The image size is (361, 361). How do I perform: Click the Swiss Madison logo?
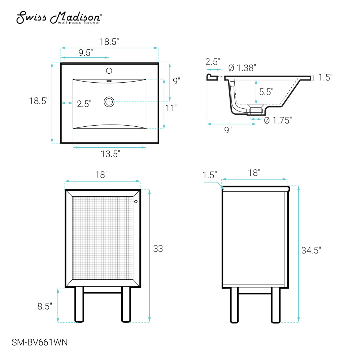(59, 17)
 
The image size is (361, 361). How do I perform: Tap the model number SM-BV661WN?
(40, 342)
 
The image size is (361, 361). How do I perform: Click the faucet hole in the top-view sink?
(109, 71)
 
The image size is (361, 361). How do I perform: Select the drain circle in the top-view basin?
(109, 102)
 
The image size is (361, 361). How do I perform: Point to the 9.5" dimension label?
(86, 53)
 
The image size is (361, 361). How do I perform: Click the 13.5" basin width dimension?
(110, 154)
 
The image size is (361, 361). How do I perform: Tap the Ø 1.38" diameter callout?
(242, 68)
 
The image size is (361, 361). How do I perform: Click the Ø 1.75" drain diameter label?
(278, 121)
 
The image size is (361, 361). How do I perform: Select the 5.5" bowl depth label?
(266, 92)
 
